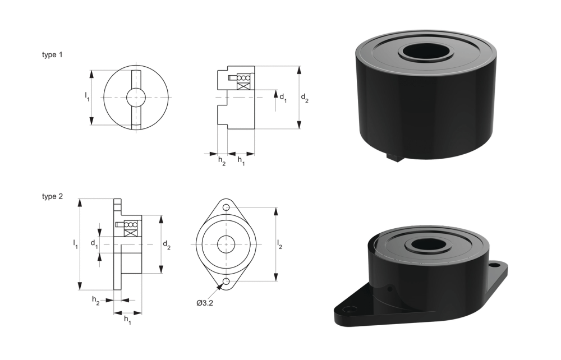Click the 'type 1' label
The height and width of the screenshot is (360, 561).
[x=52, y=55]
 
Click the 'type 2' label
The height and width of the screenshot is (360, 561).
[x=52, y=197]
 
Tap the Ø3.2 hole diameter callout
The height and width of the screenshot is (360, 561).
[x=205, y=303]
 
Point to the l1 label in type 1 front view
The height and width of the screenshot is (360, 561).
[x=87, y=96]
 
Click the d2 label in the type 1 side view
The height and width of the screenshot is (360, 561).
[x=305, y=98]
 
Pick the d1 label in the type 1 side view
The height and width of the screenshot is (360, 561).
[x=283, y=98]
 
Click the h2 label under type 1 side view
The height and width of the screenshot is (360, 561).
[x=222, y=161]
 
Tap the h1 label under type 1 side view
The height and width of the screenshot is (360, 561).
[x=241, y=161]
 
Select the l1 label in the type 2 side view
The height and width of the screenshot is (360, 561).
[x=76, y=244]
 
